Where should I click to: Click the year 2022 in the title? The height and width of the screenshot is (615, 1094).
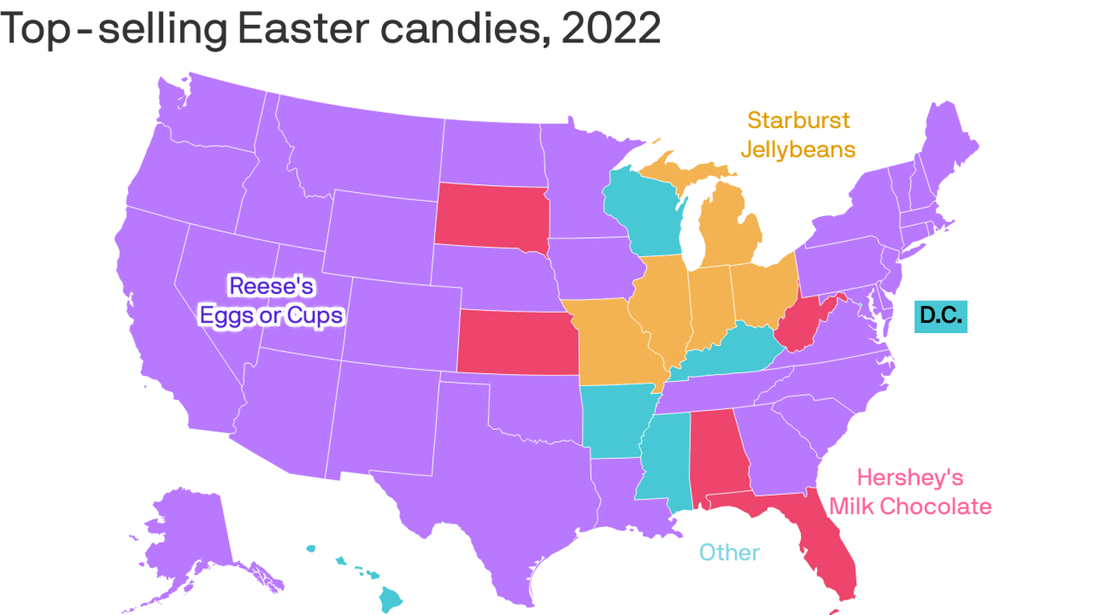(x=610, y=30)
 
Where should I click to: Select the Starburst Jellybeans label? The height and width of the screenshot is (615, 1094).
(x=798, y=135)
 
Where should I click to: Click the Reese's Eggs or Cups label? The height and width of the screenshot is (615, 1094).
(x=271, y=300)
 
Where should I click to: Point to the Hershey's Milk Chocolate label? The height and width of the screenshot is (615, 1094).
(x=910, y=492)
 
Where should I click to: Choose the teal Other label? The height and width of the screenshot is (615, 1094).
(x=729, y=552)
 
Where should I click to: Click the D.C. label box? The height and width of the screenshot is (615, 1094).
(x=941, y=316)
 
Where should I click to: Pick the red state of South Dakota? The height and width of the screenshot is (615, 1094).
(x=490, y=215)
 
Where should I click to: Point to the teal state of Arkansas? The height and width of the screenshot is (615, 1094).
(x=617, y=421)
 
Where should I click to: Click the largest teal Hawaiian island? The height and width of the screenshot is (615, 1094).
(x=390, y=597)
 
